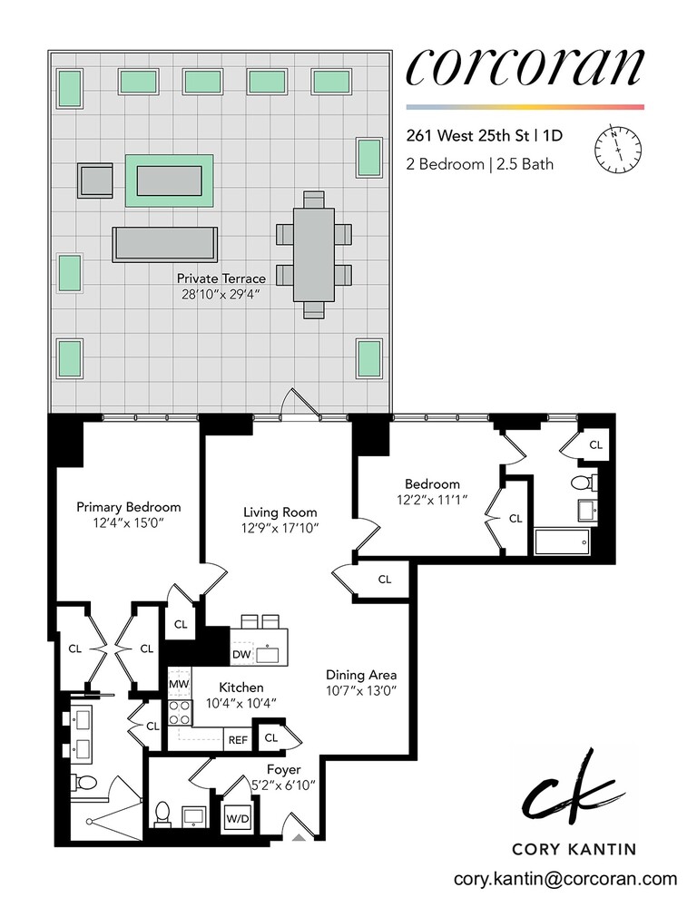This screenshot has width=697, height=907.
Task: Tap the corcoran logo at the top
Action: (x=525, y=65)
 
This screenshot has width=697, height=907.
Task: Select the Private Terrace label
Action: (x=221, y=278)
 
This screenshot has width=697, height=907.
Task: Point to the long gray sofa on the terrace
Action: (x=165, y=243)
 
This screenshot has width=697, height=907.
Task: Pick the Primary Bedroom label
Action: (x=128, y=507)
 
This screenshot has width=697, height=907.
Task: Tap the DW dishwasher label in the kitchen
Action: (x=241, y=654)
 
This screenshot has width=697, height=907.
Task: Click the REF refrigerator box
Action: (x=238, y=739)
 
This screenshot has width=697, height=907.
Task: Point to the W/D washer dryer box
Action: (x=238, y=819)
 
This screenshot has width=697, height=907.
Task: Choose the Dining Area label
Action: (x=362, y=675)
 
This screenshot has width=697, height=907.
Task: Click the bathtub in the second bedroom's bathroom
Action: (x=563, y=543)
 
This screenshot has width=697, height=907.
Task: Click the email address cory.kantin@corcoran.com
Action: (x=565, y=878)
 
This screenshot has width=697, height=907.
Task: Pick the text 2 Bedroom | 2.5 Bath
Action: (x=480, y=165)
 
